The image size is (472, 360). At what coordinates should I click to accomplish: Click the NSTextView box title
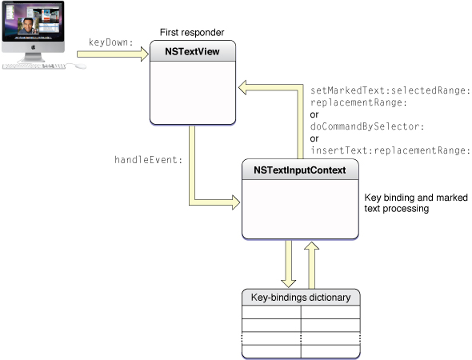[x=194, y=54]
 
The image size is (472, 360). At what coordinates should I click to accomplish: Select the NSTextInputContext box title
[x=300, y=170]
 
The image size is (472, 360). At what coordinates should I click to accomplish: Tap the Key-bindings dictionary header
[x=300, y=297]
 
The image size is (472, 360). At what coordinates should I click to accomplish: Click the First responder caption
[x=193, y=33]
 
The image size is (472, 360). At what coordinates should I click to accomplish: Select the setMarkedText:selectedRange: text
[x=390, y=91]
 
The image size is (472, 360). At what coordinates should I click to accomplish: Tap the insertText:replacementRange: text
[x=390, y=150]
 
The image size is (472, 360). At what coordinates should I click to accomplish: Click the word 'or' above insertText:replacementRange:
[x=314, y=138]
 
